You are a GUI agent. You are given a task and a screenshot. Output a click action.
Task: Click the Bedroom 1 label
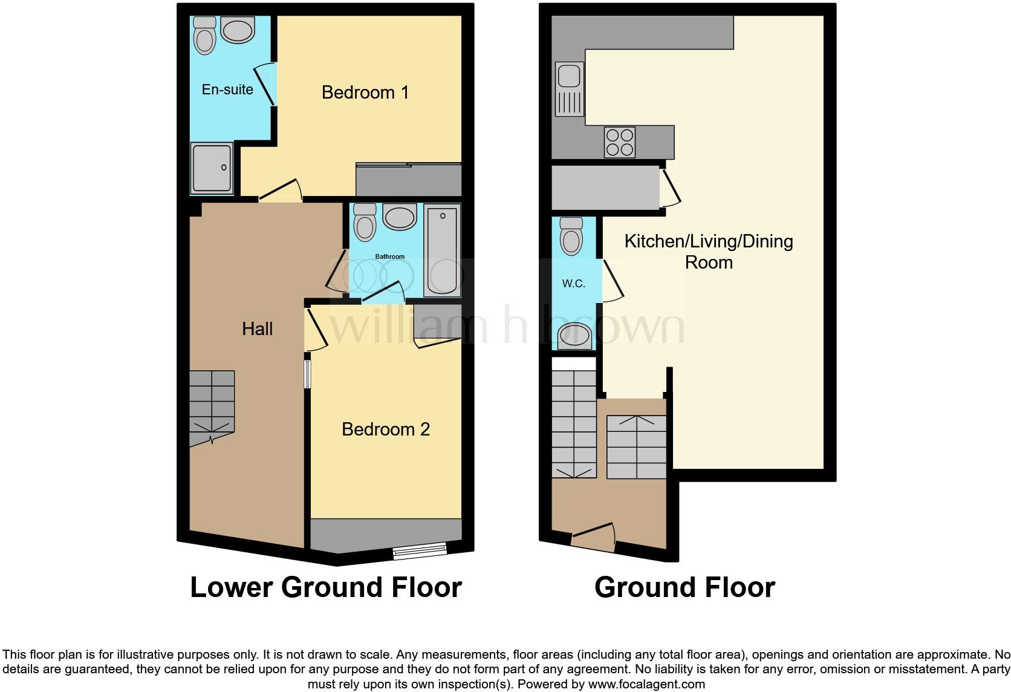coord(365,93)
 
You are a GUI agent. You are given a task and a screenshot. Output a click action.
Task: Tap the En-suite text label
coord(227,90)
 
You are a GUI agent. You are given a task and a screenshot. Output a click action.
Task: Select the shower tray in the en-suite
coord(212,168)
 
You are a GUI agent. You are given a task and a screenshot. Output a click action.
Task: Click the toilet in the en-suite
coord(205,36)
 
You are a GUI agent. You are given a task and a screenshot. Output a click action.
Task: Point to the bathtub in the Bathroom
coord(443,250)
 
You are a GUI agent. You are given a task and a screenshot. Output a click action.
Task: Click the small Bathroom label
coord(389,256)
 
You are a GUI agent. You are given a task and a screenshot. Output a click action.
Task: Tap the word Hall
coord(257,329)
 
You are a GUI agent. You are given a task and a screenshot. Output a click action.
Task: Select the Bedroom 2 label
coord(385,429)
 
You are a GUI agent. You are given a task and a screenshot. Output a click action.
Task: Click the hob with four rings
coord(619,142)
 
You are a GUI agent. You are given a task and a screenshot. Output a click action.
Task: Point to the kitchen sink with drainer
coord(569,88)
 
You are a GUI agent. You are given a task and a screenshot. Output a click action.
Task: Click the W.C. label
coord(573,283)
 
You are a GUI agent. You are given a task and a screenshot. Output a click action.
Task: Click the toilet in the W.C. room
coord(571,236)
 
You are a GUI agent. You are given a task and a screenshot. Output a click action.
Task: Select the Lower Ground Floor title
coord(326,587)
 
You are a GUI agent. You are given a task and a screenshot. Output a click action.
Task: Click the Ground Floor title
coord(684,587)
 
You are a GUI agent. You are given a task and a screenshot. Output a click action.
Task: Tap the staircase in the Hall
coord(212,407)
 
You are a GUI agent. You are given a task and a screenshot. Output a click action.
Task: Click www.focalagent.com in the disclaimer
coord(646,685)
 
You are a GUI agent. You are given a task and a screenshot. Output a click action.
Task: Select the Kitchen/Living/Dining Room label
coord(708,252)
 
